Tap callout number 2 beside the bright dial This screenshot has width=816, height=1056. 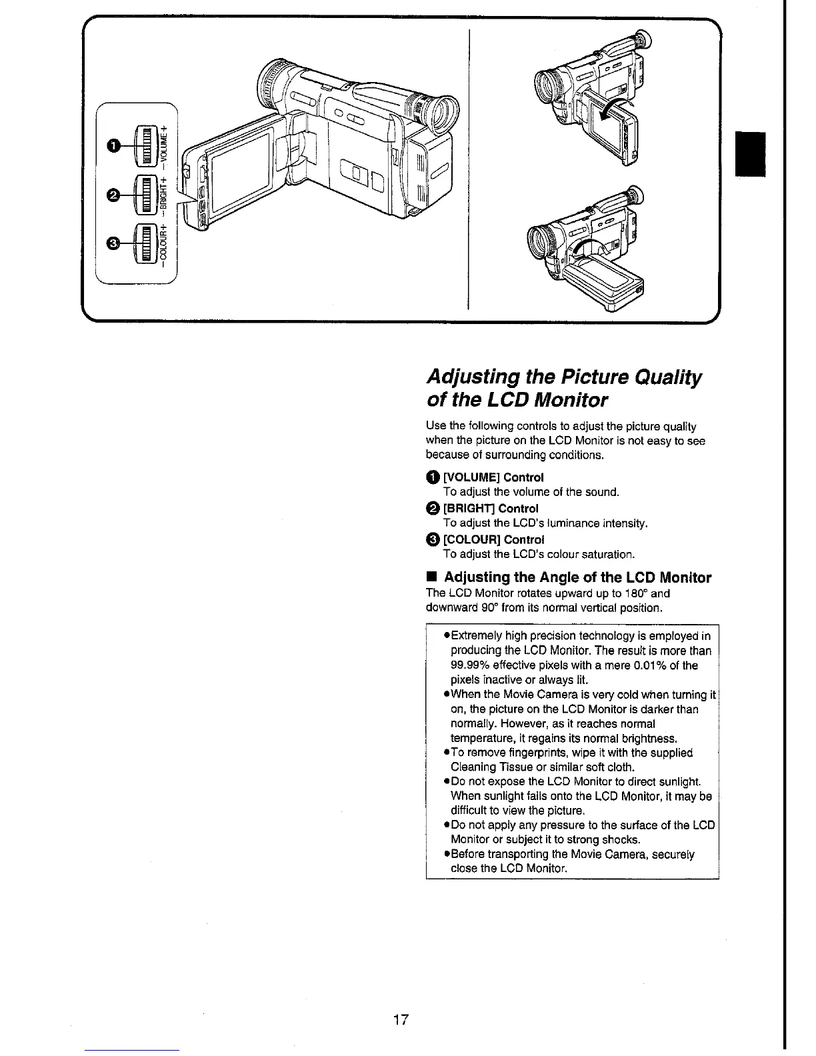(114, 195)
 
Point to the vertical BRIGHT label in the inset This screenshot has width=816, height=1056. (164, 194)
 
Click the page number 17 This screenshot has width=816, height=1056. (401, 1019)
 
